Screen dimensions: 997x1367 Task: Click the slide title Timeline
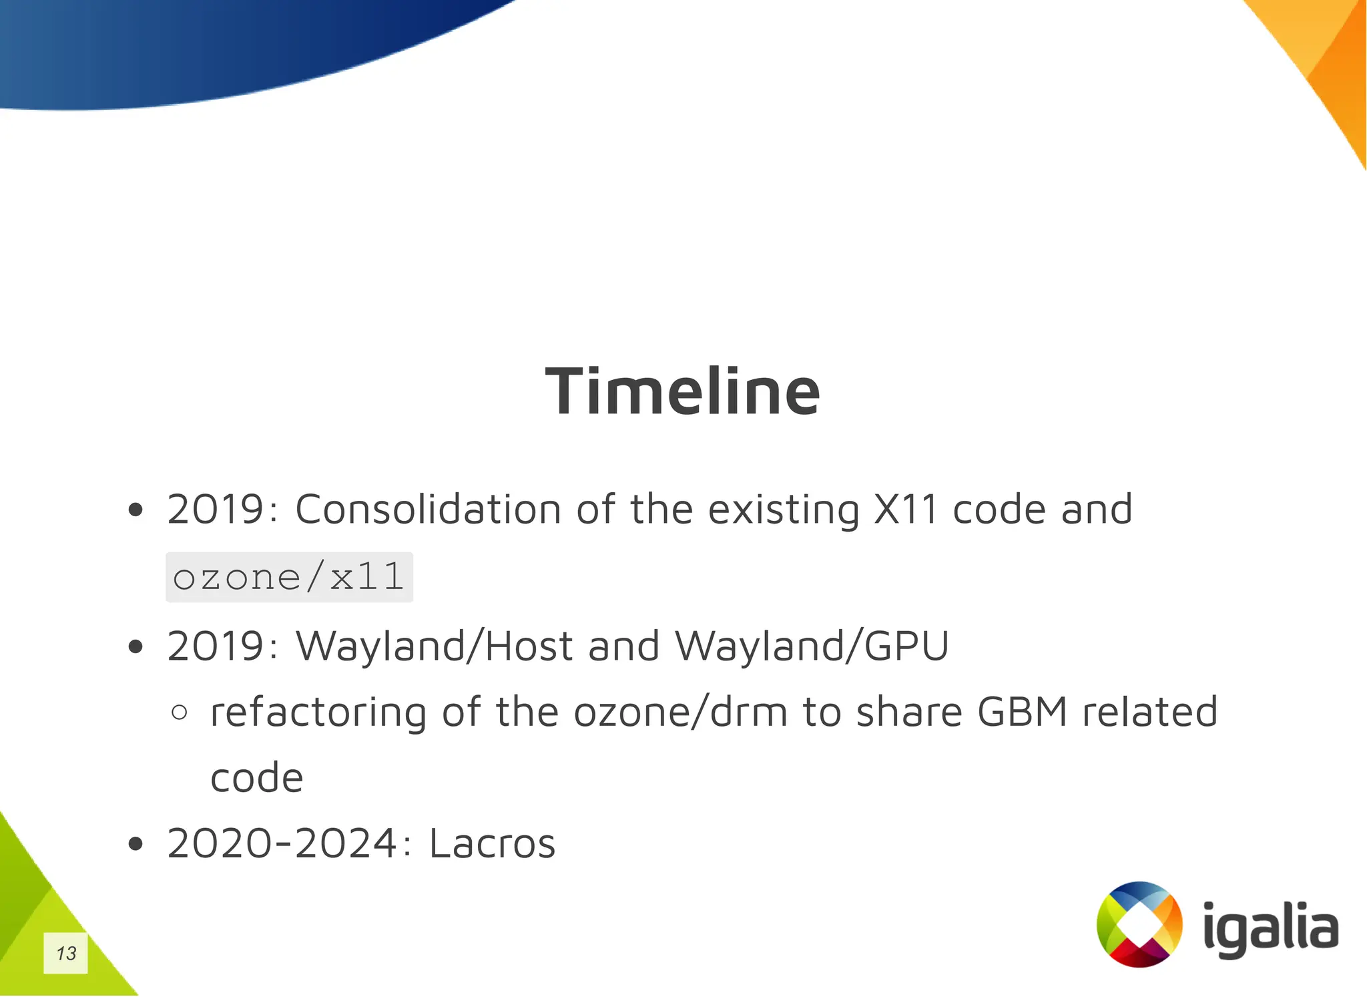pos(682,392)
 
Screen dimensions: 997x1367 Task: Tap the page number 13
pos(65,953)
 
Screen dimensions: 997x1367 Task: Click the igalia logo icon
pos(1139,924)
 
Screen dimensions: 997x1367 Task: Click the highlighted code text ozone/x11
pos(288,577)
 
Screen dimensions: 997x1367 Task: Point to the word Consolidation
pos(428,510)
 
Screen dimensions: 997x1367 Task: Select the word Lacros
pos(492,843)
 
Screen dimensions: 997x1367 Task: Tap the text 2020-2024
pos(282,843)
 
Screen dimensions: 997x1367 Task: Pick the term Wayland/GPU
pos(811,646)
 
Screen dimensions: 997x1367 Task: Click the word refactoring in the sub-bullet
pos(318,713)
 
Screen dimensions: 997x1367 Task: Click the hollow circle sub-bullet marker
pos(179,713)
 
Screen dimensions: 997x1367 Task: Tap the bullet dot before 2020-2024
pos(135,845)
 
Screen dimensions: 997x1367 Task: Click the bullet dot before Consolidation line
pos(135,511)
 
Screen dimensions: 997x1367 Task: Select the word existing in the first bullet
pos(783,511)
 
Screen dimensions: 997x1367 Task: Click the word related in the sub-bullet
pos(1149,712)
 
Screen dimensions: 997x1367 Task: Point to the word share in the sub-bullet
pos(909,712)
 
